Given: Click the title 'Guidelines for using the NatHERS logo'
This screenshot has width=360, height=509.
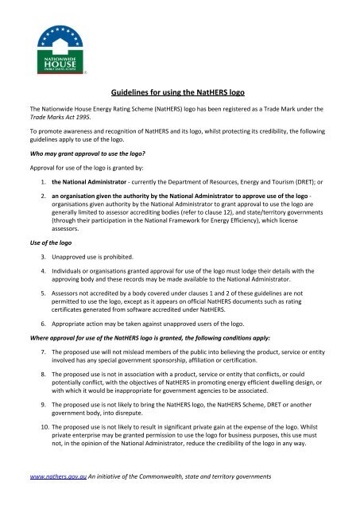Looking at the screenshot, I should tap(180, 92).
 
